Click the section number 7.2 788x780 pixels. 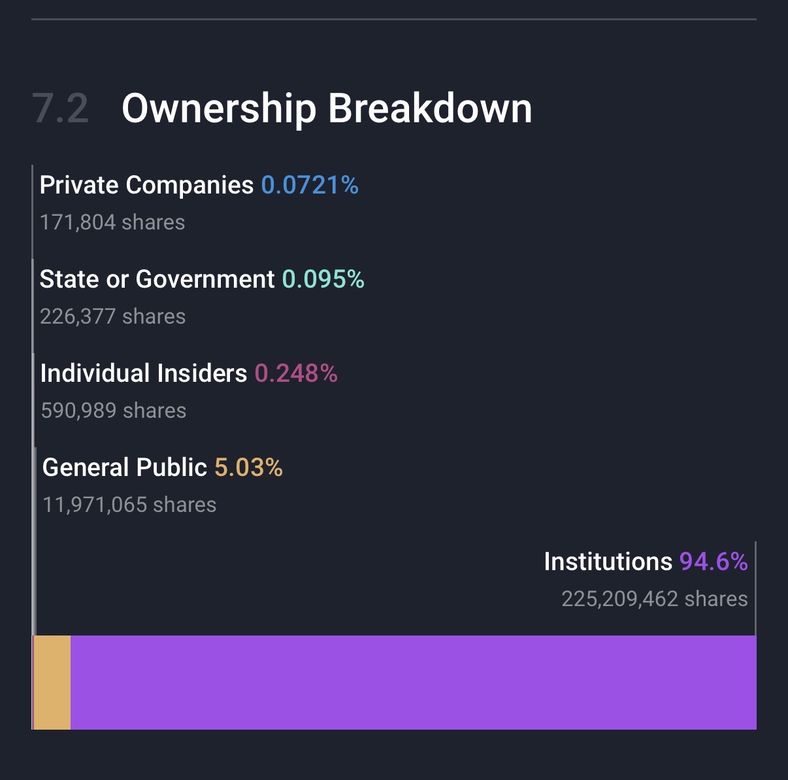tap(60, 109)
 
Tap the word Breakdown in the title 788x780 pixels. tap(430, 109)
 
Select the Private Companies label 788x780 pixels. tap(146, 186)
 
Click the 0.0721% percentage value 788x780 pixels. tap(310, 186)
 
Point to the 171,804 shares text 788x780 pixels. tap(112, 222)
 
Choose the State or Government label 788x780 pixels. tap(157, 280)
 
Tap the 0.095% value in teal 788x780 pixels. tap(323, 280)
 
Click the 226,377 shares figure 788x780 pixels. tap(112, 316)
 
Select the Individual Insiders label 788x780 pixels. tap(144, 374)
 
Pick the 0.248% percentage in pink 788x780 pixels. tap(296, 374)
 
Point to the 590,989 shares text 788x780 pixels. tap(114, 411)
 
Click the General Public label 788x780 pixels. tap(125, 468)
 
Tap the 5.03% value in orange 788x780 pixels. tap(248, 468)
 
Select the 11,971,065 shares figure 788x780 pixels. tap(129, 505)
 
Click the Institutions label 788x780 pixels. tap(608, 562)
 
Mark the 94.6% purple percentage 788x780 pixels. tap(714, 562)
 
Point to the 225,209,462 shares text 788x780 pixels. tap(655, 599)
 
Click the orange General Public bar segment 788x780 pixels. tap(52, 683)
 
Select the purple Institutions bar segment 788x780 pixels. tap(413, 683)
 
